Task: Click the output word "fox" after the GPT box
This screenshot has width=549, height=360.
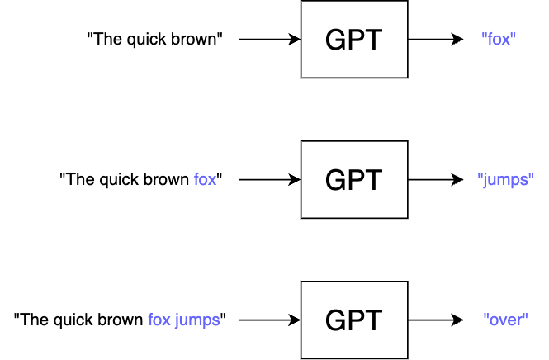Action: (498, 39)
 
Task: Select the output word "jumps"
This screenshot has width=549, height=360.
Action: (506, 179)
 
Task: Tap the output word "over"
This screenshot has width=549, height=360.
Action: (505, 320)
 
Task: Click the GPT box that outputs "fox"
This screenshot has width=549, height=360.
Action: (353, 39)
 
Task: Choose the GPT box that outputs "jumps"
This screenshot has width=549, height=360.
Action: (353, 179)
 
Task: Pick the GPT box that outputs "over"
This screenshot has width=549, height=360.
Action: (353, 320)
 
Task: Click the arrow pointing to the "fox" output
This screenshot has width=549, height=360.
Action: (435, 39)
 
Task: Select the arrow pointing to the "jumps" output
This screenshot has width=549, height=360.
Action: (435, 179)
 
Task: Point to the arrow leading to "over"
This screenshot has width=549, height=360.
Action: (435, 320)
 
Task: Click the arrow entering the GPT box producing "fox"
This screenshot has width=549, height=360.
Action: (269, 39)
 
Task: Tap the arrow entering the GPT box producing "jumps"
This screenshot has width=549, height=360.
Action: (269, 179)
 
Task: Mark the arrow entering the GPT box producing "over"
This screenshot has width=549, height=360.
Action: (269, 320)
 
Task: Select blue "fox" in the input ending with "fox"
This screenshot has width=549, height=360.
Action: (205, 179)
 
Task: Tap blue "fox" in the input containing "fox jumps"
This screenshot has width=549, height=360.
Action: (159, 320)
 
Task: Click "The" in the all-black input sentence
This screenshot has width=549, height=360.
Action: (106, 39)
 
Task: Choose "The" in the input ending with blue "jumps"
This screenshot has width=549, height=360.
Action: (35, 320)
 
